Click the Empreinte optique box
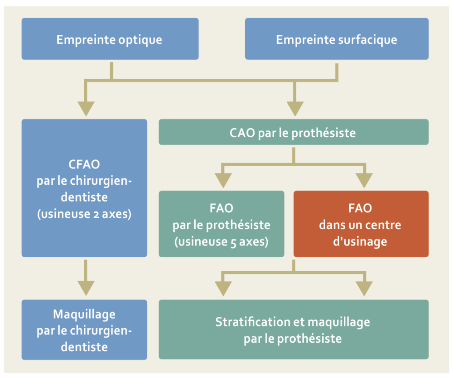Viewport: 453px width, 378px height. point(110,39)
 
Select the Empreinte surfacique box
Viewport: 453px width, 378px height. point(337,39)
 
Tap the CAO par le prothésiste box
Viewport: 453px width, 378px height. point(294,132)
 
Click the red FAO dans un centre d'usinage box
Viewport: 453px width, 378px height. point(361,224)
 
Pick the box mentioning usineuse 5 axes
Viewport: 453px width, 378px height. point(222,224)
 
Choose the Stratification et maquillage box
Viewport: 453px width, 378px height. point(294,330)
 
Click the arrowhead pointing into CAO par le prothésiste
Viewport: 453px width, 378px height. point(295,108)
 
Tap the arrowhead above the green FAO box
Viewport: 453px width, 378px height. point(222,181)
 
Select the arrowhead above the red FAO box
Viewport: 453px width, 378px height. point(364,181)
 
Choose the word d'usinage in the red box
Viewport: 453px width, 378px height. point(360,241)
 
